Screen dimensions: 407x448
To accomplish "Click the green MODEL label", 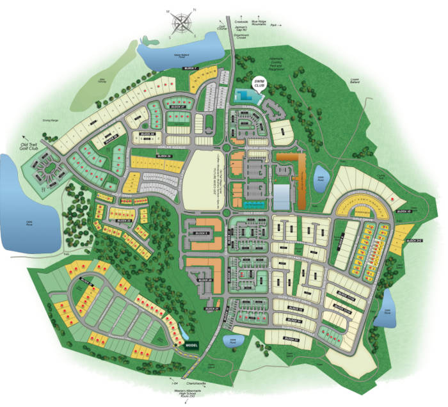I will (192, 345).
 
